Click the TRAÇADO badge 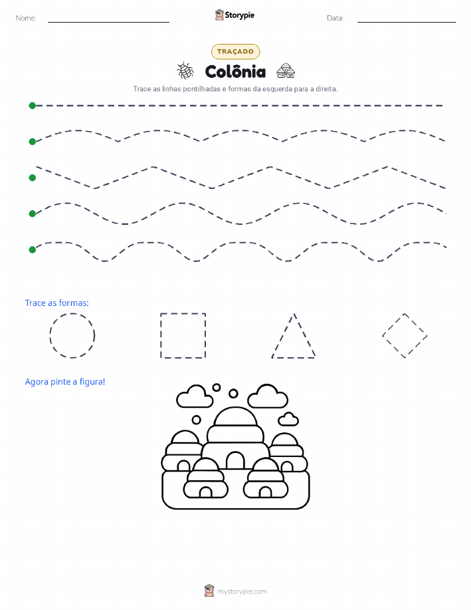tap(235, 51)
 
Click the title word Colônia tap(235, 72)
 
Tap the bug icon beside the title tap(185, 71)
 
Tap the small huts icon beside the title tap(286, 71)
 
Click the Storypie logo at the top tap(235, 15)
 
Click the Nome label tap(26, 18)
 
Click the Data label tap(335, 18)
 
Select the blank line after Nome tap(108, 22)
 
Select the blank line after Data tap(407, 22)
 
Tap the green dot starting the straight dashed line tap(33, 105)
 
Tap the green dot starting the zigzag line tap(33, 178)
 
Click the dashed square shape tap(161, 335)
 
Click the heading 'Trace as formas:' tap(56, 303)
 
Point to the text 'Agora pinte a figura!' tap(65, 382)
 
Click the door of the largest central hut tap(235, 460)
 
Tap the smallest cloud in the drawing tap(288, 419)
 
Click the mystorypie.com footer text tap(242, 591)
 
